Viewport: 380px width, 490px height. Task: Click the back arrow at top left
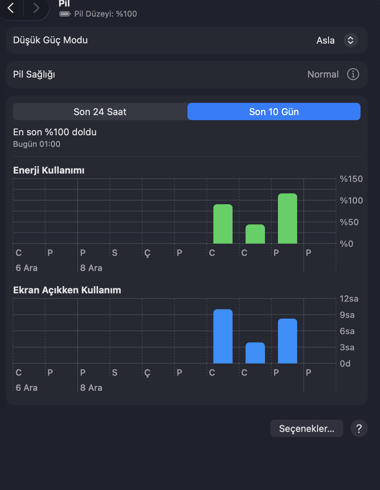10,8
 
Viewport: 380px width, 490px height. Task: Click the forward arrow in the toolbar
36,8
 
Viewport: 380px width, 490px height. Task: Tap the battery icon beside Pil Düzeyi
65,14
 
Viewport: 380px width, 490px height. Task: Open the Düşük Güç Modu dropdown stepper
350,40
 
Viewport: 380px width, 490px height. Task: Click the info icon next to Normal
353,74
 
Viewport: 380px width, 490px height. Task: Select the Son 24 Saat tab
100,111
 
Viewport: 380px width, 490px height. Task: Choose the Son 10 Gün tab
274,111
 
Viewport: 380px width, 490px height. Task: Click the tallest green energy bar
287,219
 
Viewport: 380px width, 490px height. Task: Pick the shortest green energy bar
255,234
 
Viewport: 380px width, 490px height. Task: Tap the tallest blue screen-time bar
223,336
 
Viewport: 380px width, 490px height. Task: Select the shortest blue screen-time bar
255,353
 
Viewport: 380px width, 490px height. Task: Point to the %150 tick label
351,179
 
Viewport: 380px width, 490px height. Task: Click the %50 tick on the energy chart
349,222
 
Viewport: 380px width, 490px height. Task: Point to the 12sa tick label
349,299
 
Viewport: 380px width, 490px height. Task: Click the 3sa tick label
347,347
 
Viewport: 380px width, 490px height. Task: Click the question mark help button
359,428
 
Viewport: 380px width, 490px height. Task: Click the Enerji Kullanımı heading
49,170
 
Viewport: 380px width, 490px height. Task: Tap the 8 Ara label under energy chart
91,268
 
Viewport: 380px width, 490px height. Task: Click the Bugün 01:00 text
37,144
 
